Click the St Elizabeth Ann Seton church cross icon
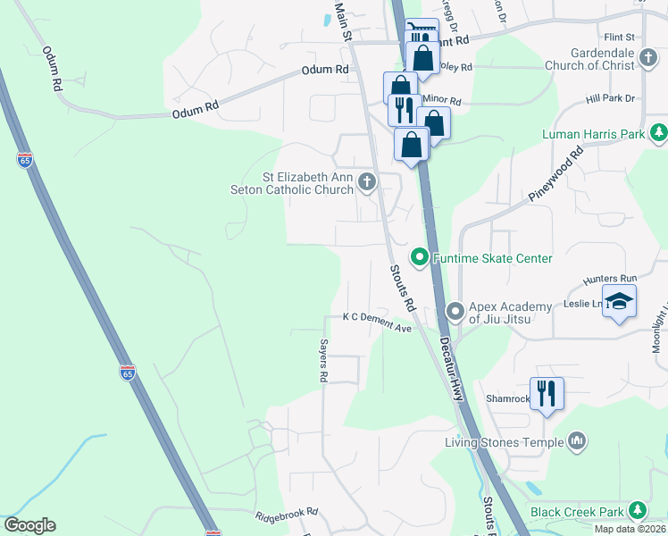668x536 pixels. tap(366, 183)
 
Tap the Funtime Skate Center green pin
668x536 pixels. tap(420, 258)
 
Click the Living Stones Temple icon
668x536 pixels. tap(577, 441)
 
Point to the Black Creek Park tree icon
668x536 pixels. tap(637, 511)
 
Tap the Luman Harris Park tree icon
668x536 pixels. tap(657, 134)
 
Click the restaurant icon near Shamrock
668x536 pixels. tap(547, 393)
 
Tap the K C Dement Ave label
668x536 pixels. tap(377, 322)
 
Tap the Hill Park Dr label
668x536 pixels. tap(610, 98)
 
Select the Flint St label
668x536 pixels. tap(618, 38)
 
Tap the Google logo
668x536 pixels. tap(29, 525)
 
